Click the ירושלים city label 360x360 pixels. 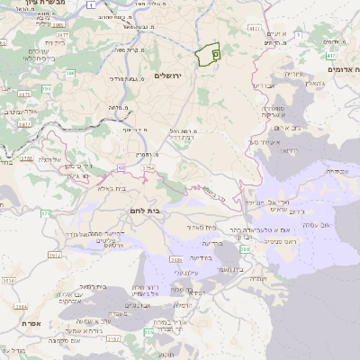point(168,76)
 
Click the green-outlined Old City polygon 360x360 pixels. point(211,54)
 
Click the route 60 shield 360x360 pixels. point(121,167)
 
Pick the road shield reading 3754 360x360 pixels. point(148,168)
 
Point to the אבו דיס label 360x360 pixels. point(265,85)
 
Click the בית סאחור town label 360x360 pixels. point(205,228)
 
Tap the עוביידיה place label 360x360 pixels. point(334,170)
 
